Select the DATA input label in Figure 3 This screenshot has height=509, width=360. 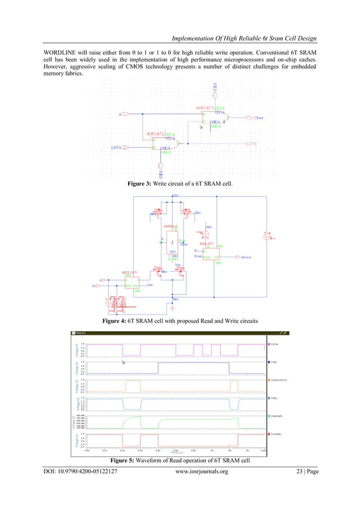pyautogui.click(x=115, y=148)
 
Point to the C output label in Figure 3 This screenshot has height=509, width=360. pyautogui.click(x=256, y=144)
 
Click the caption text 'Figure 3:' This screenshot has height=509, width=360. pyautogui.click(x=144, y=183)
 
